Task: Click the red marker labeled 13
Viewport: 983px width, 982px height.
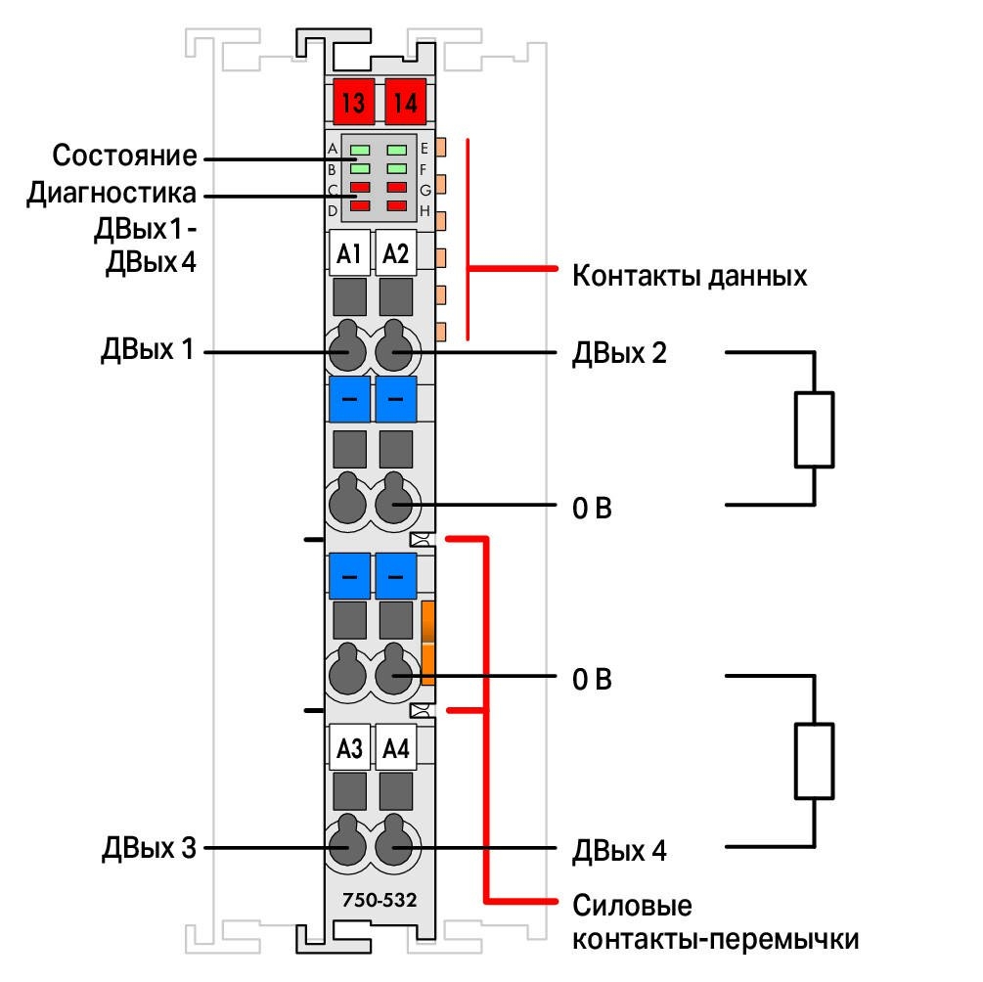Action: pyautogui.click(x=353, y=102)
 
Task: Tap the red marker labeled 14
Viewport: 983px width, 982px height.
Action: pyautogui.click(x=405, y=102)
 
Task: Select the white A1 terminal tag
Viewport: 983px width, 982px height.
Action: pyautogui.click(x=349, y=253)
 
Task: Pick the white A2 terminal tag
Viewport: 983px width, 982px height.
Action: pyautogui.click(x=395, y=253)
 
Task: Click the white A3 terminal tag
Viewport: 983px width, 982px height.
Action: pyautogui.click(x=349, y=747)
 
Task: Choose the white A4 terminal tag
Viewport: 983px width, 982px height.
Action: pyautogui.click(x=395, y=747)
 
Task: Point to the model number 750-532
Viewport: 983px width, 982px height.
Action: pyautogui.click(x=380, y=900)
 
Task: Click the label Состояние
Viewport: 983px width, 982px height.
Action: pyautogui.click(x=124, y=156)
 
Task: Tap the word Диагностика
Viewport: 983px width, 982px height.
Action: pyautogui.click(x=111, y=194)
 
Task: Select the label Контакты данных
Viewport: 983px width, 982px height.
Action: pyautogui.click(x=690, y=276)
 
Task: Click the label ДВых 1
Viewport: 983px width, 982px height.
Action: pyautogui.click(x=148, y=349)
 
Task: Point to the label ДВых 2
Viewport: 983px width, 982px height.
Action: pyautogui.click(x=619, y=353)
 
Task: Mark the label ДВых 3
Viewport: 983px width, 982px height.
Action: pyautogui.click(x=150, y=848)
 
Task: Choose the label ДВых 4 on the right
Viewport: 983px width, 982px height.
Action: pyautogui.click(x=619, y=851)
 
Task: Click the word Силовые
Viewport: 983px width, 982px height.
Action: pyautogui.click(x=632, y=906)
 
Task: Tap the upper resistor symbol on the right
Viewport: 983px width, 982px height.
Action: pyautogui.click(x=814, y=429)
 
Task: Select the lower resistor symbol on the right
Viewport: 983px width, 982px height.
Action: pyautogui.click(x=814, y=761)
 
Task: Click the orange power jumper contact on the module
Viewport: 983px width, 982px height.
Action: pyautogui.click(x=428, y=643)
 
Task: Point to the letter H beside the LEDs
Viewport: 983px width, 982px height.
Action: pyautogui.click(x=425, y=210)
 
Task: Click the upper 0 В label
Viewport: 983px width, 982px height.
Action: pyautogui.click(x=592, y=508)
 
